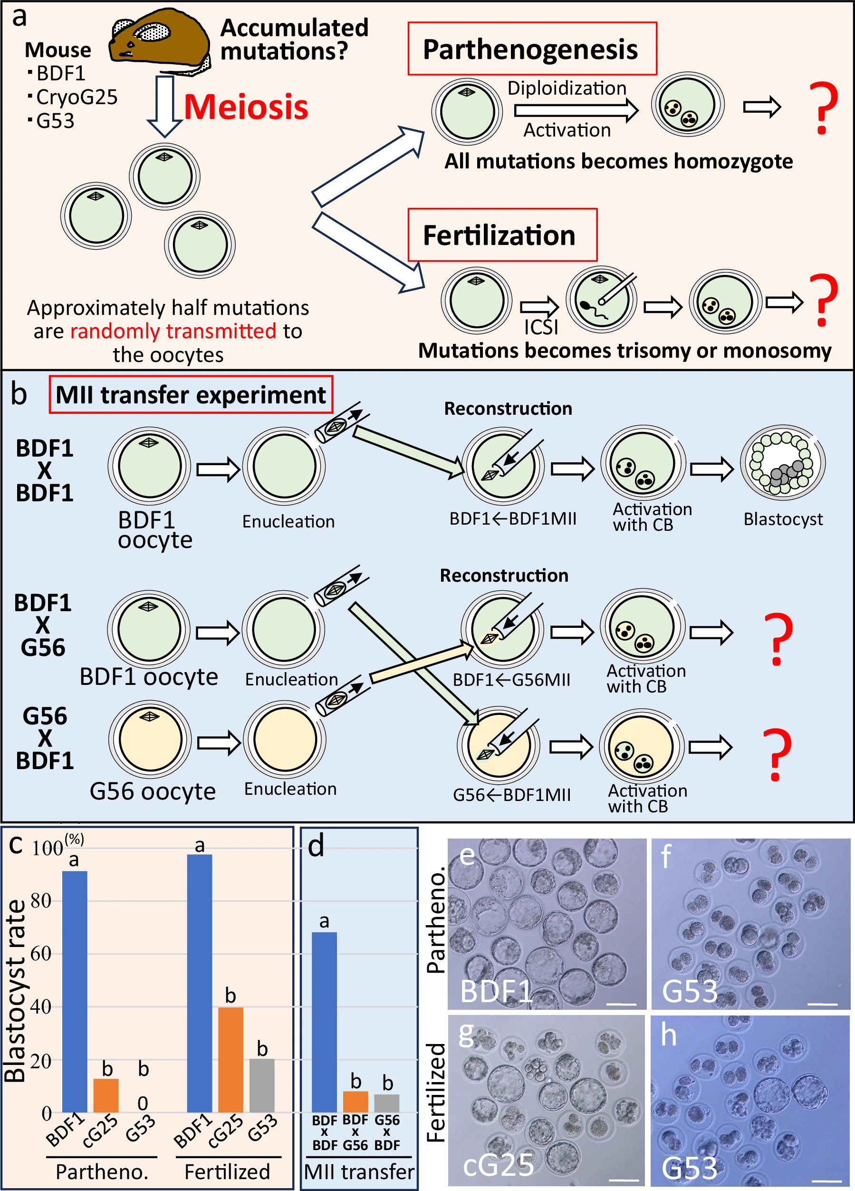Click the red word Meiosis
click(246, 107)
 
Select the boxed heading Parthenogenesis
click(531, 49)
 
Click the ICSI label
click(540, 327)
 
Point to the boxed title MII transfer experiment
click(191, 395)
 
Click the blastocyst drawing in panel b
click(782, 462)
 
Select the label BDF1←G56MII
click(511, 680)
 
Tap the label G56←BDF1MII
click(511, 794)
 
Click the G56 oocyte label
click(152, 791)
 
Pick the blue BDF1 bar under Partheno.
click(75, 991)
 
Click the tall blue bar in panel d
click(324, 1022)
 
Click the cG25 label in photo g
click(498, 1165)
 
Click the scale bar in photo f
click(822, 1004)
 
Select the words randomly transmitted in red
click(173, 331)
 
